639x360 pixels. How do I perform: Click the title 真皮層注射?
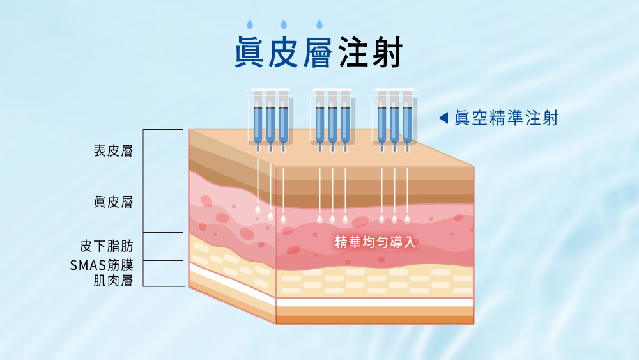point(318,53)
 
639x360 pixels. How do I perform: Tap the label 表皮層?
point(113,152)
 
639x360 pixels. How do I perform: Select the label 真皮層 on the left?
point(113,202)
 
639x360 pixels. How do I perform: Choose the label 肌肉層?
point(113,280)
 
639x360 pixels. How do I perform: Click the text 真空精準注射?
point(506,118)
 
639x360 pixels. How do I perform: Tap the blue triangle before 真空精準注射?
point(443,118)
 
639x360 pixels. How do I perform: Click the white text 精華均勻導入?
point(376,242)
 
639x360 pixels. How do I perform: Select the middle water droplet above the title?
point(283,26)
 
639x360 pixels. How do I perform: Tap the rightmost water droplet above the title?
point(319,26)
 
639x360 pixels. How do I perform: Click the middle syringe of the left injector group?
point(270,121)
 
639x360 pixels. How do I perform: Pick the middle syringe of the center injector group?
point(332,121)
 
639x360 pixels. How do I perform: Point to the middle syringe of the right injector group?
point(394,121)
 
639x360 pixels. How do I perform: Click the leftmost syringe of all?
point(258,121)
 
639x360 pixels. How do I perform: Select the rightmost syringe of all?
point(407,121)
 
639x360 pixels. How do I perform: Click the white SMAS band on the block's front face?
point(374,302)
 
